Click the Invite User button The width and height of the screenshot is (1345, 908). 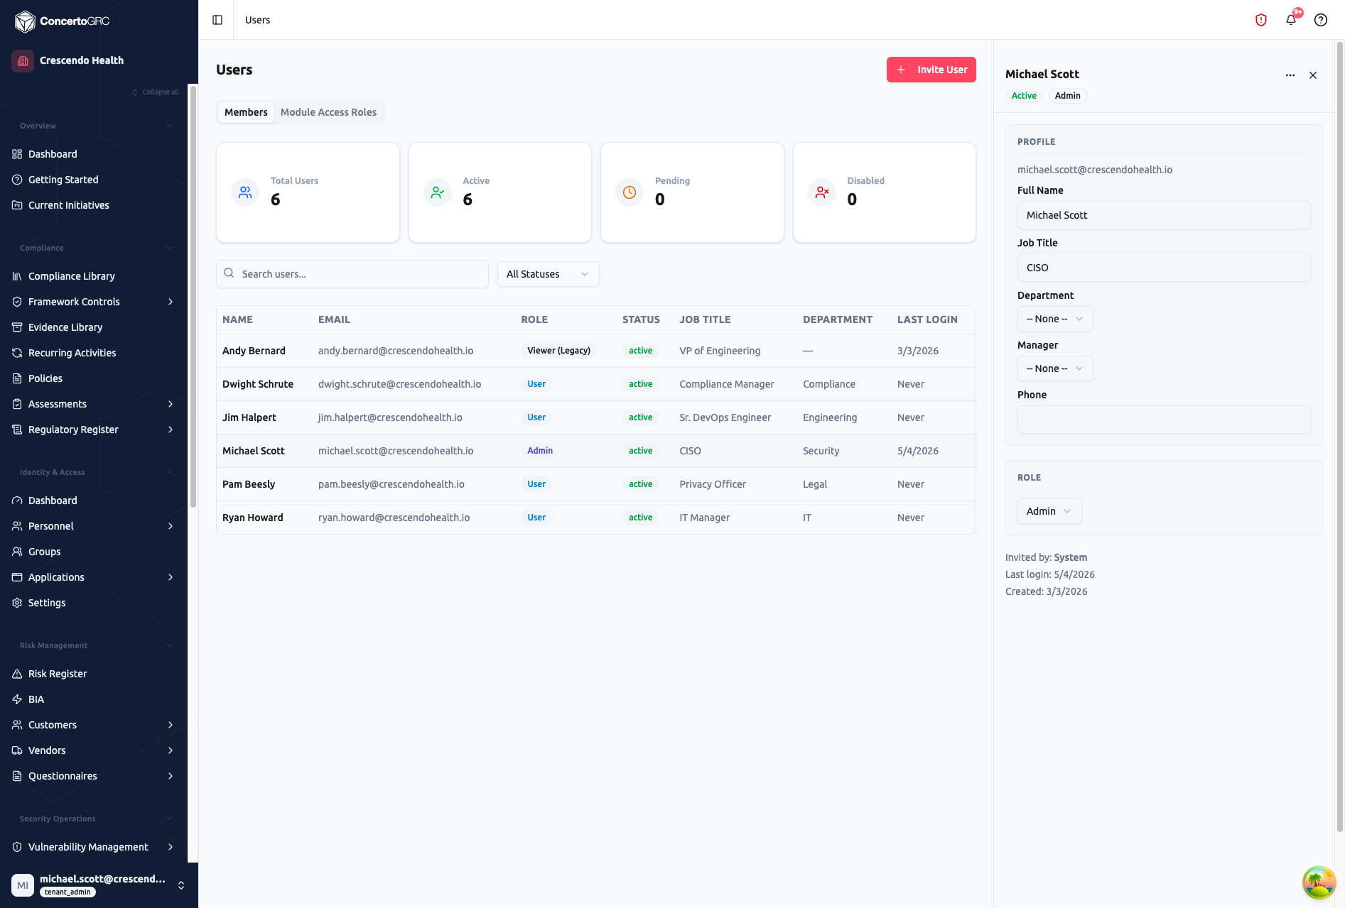(931, 70)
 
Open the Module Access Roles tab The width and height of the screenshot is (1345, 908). (328, 112)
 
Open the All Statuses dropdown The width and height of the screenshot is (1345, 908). (548, 274)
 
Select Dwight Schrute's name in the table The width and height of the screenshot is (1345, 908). (258, 384)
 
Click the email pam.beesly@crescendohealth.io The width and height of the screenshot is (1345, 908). (391, 484)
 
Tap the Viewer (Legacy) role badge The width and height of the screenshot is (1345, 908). (558, 351)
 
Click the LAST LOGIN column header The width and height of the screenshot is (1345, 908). (927, 319)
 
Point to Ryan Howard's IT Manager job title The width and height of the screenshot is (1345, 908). (704, 518)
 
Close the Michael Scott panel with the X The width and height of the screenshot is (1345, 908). (1313, 75)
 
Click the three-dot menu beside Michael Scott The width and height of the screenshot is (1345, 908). (1290, 75)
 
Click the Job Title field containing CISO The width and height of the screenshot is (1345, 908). (1164, 268)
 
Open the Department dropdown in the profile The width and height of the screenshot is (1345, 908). (1055, 319)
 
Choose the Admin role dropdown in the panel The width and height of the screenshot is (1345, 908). (1049, 511)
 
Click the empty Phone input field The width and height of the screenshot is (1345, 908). (1164, 420)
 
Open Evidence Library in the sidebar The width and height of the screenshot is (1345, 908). (65, 327)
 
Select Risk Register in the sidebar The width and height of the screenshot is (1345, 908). (58, 674)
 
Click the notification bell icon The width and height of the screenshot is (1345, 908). (1291, 20)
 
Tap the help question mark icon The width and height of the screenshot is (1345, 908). (1321, 20)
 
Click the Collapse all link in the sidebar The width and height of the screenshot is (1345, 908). (156, 92)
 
